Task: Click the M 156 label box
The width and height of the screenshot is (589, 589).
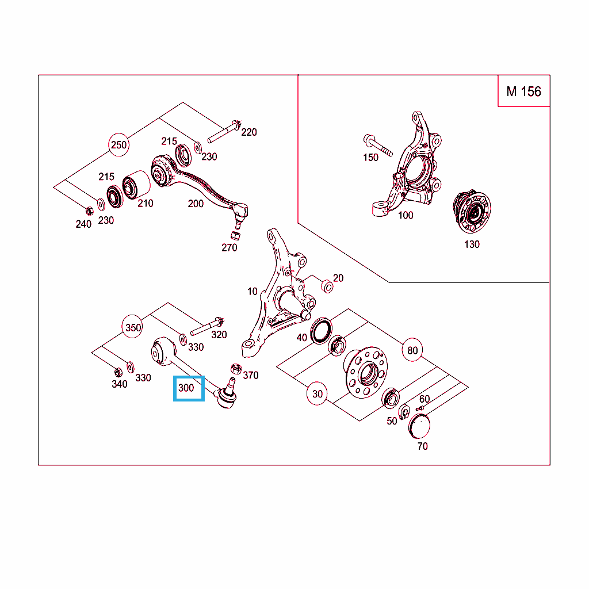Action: pyautogui.click(x=523, y=91)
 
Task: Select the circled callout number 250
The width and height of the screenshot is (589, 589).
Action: pyautogui.click(x=118, y=144)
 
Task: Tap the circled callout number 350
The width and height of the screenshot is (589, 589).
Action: pyautogui.click(x=133, y=327)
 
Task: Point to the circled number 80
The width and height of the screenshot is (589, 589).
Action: pyautogui.click(x=412, y=350)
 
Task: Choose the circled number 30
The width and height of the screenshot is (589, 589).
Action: pyautogui.click(x=317, y=393)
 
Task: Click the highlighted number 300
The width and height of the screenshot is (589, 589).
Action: pyautogui.click(x=189, y=388)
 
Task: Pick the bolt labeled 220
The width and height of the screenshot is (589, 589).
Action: pyautogui.click(x=224, y=132)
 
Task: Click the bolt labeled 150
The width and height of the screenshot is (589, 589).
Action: pyautogui.click(x=377, y=146)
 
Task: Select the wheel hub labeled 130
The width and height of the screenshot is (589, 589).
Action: pyautogui.click(x=472, y=212)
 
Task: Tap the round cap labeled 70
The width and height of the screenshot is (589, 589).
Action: pyautogui.click(x=419, y=426)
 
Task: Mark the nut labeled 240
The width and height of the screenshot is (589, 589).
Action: pyautogui.click(x=89, y=211)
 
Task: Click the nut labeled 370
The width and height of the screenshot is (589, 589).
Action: pyautogui.click(x=236, y=369)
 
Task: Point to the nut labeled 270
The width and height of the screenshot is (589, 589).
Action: pyautogui.click(x=235, y=236)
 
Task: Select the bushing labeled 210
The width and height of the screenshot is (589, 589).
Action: pyautogui.click(x=136, y=185)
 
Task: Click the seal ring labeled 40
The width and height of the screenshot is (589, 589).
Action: pyautogui.click(x=321, y=331)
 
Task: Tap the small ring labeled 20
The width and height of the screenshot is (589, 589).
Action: pyautogui.click(x=327, y=286)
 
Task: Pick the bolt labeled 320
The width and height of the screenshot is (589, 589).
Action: pyautogui.click(x=207, y=327)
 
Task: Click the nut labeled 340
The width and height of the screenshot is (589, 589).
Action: pyautogui.click(x=117, y=372)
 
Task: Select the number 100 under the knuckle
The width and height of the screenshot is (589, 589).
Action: pyautogui.click(x=406, y=215)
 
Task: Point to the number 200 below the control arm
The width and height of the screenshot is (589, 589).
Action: pyautogui.click(x=196, y=204)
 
